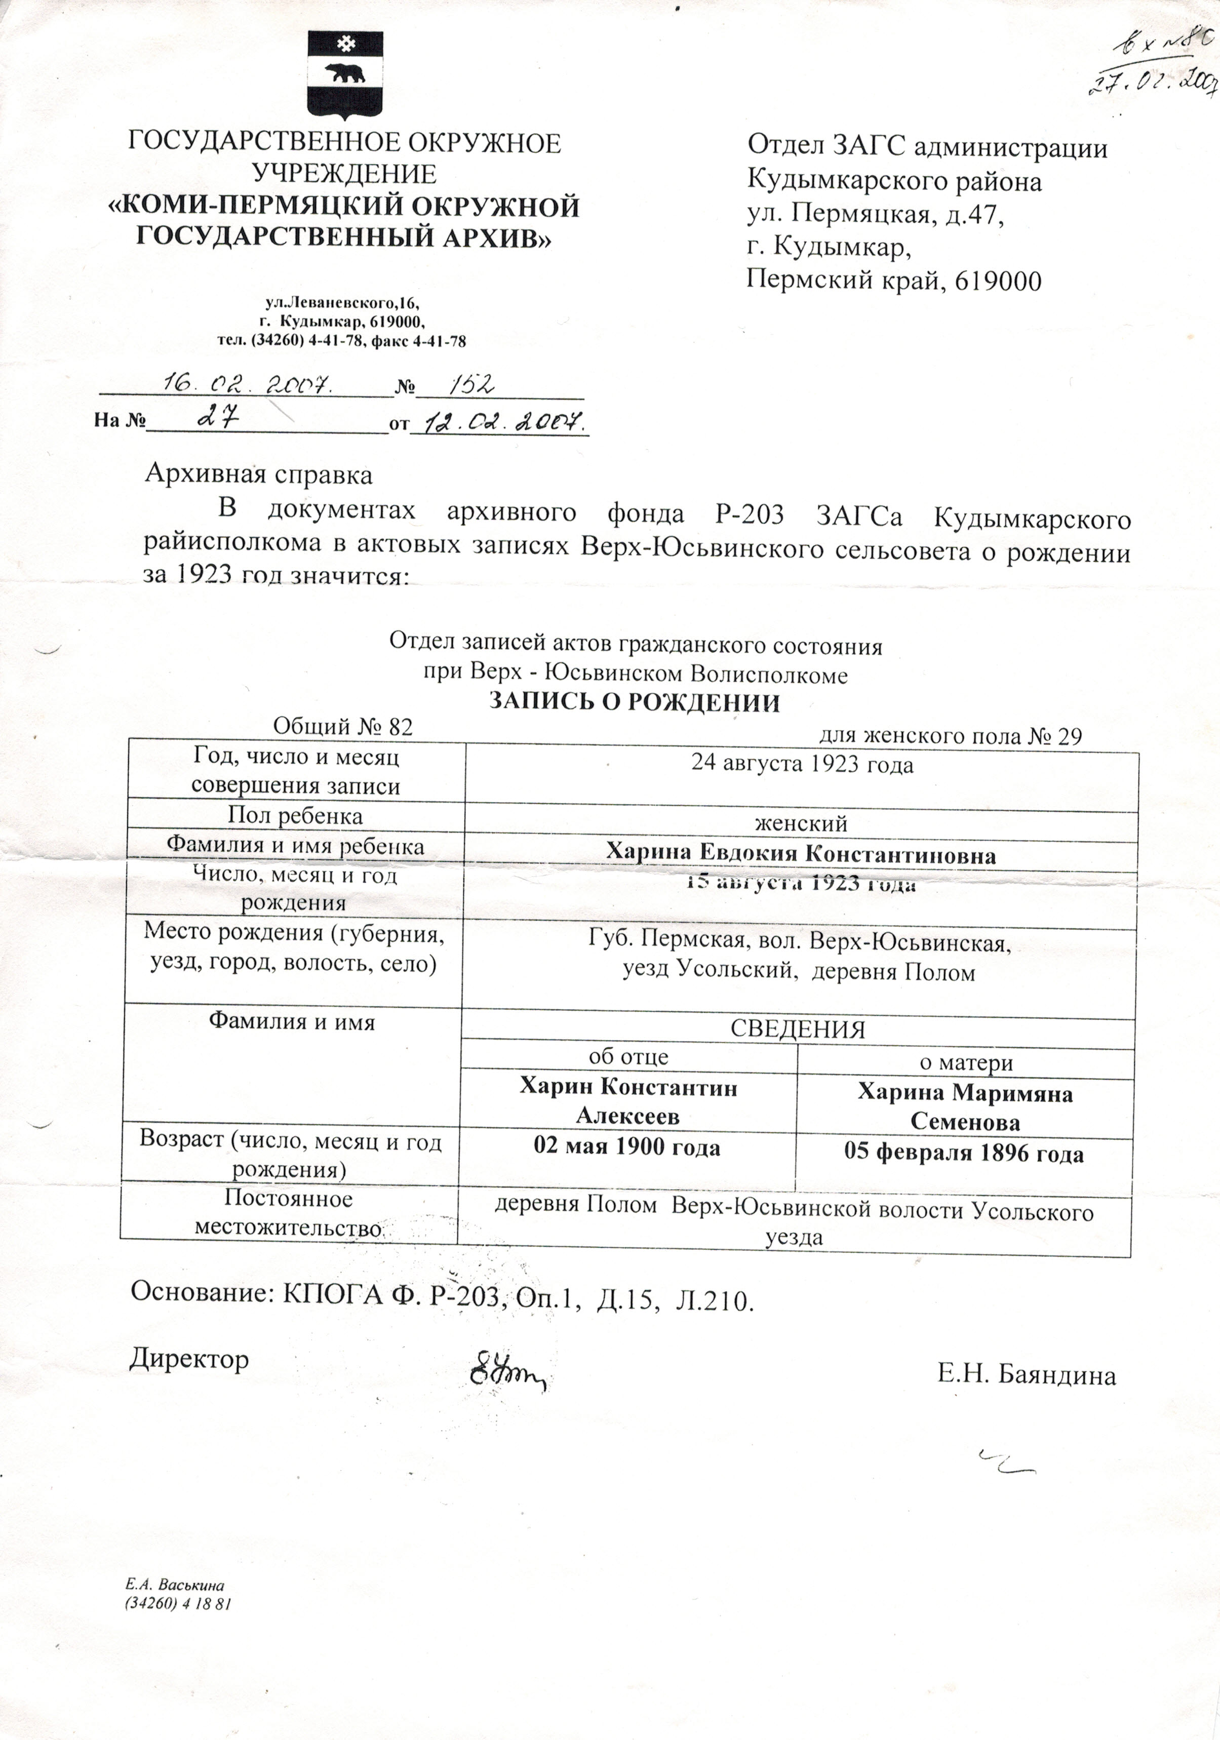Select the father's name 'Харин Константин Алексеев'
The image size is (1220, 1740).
point(627,1100)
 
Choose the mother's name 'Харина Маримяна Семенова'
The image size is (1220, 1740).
point(965,1106)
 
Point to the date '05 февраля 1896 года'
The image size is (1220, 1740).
point(964,1154)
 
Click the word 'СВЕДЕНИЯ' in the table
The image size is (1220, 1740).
point(797,1029)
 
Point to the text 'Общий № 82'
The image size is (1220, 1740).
point(342,727)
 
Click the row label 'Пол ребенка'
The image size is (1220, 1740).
point(295,815)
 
